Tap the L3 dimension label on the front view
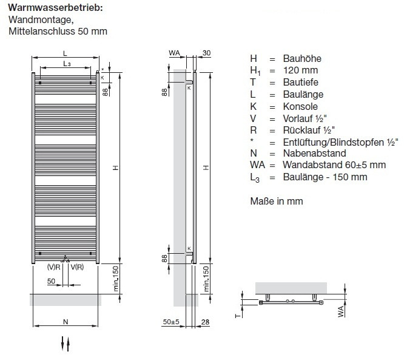point(66,64)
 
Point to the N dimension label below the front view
point(66,321)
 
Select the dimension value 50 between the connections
point(51,280)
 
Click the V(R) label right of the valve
point(77,267)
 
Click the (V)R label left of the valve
point(54,267)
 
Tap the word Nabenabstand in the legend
point(314,153)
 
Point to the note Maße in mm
point(276,201)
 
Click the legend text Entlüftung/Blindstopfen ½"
point(340,141)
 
